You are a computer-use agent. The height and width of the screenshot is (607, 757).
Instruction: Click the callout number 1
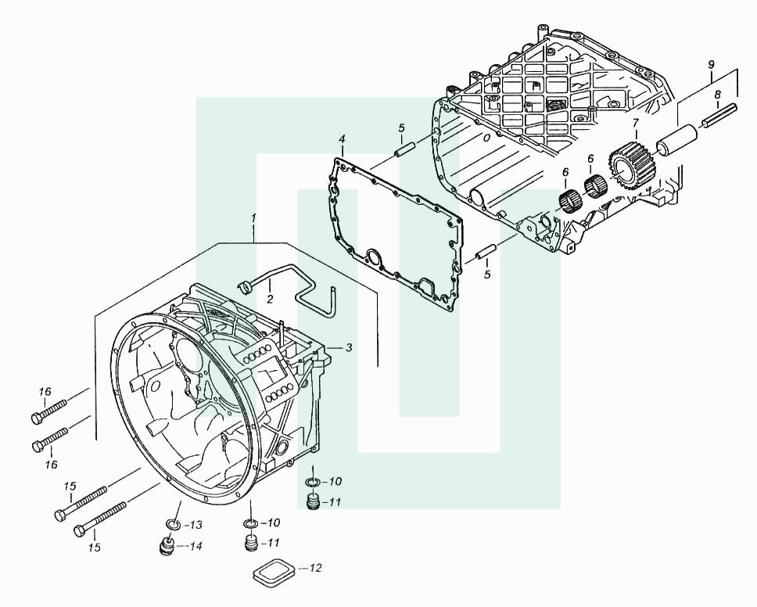(253, 217)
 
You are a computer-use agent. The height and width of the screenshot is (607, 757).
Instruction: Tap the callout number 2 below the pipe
(270, 300)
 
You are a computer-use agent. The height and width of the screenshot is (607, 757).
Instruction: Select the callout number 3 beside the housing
(348, 347)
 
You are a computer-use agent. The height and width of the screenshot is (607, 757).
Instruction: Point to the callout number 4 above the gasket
(342, 139)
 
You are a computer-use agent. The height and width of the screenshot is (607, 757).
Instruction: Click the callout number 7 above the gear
(635, 123)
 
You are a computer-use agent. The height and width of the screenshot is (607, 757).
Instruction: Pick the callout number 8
(717, 94)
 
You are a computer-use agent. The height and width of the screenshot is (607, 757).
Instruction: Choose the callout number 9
(711, 64)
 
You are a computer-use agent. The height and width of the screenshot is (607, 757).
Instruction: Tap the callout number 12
(315, 568)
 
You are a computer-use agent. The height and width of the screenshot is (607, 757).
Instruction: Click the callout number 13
(196, 525)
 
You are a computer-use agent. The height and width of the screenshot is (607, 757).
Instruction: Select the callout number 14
(196, 547)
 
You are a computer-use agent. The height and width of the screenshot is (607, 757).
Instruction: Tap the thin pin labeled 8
(720, 117)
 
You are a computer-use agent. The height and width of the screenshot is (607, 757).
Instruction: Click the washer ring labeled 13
(172, 523)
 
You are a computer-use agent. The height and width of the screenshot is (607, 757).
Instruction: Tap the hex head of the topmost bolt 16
(37, 418)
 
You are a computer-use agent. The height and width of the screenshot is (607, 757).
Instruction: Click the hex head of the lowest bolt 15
(80, 531)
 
